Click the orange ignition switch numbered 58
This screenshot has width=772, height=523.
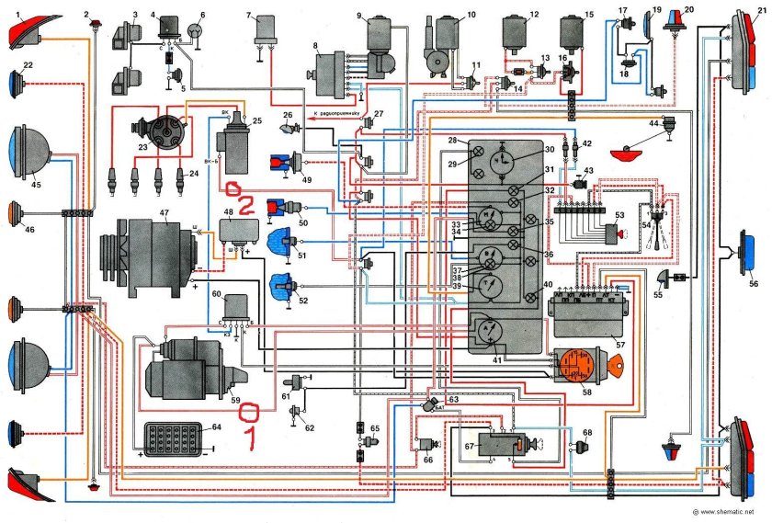(576, 366)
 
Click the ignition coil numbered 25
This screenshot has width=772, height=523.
(233, 142)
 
